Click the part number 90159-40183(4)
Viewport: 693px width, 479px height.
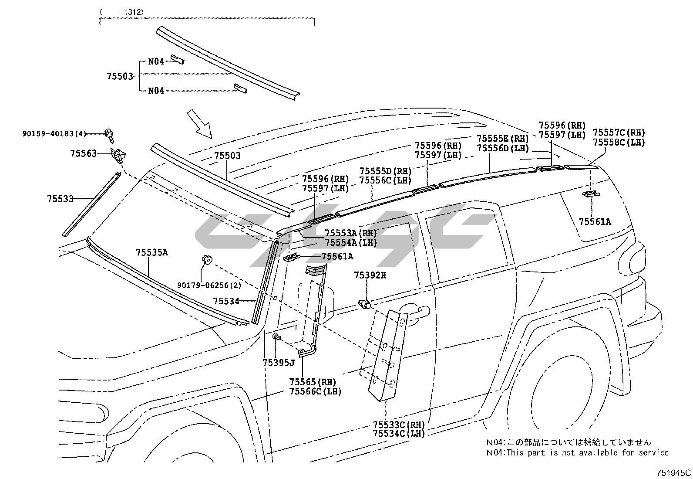(x=54, y=134)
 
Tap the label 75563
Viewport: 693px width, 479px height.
(x=83, y=153)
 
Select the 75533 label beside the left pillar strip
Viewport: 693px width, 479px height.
(x=60, y=199)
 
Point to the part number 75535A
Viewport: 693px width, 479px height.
(x=151, y=252)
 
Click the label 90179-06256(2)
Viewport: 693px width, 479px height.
(x=209, y=285)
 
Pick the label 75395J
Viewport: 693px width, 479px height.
(x=279, y=363)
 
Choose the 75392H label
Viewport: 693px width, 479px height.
(x=370, y=275)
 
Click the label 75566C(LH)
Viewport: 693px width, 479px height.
(x=315, y=391)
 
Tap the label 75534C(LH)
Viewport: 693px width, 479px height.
(x=399, y=433)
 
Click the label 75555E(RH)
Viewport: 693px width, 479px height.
(x=502, y=139)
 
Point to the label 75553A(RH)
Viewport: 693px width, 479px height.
(x=351, y=233)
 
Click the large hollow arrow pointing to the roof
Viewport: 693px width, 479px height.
(x=199, y=124)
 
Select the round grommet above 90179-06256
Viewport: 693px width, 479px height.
(x=207, y=260)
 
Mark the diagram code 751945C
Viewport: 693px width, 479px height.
(x=674, y=472)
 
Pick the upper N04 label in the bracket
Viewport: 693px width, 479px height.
(x=156, y=61)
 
